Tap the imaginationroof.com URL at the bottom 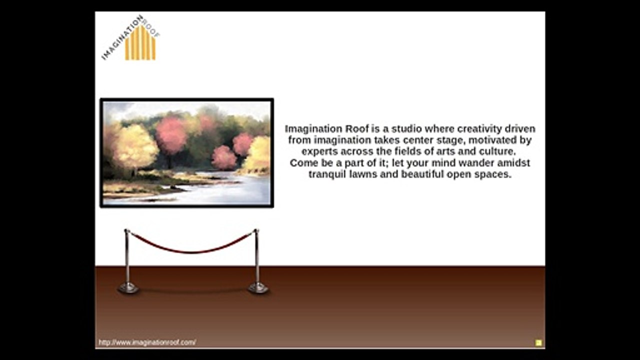click(147, 342)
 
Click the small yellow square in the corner click(538, 343)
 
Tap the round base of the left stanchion click(128, 288)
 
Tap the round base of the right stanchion click(258, 288)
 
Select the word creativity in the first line click(478, 129)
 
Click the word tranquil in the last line click(326, 175)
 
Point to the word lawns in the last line click(362, 175)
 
